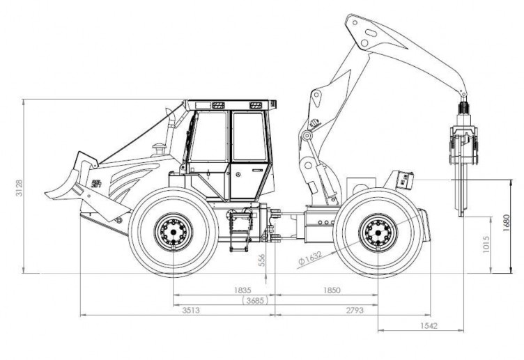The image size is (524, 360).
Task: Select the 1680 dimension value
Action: point(507,221)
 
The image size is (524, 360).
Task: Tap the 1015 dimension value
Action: point(486,245)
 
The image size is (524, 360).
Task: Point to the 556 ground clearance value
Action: point(262,259)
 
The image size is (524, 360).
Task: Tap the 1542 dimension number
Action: point(430,325)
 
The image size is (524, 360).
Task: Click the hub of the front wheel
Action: point(171,230)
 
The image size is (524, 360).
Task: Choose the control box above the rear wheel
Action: point(403,180)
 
